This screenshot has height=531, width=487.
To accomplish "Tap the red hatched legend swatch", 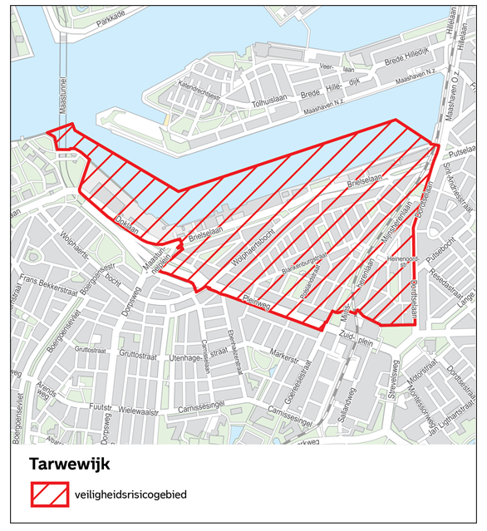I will click(x=49, y=494).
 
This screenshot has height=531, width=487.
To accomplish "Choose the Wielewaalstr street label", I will click(x=137, y=411).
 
